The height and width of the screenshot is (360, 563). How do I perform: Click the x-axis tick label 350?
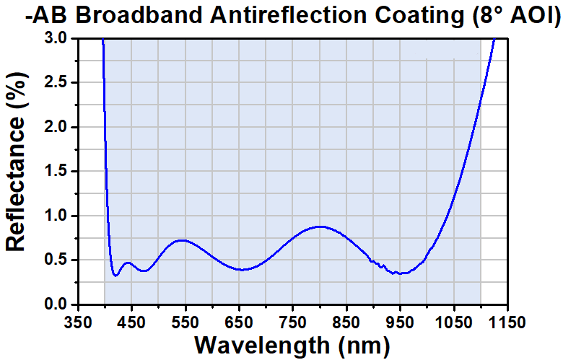[78, 321]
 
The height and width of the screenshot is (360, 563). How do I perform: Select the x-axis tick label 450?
[131, 321]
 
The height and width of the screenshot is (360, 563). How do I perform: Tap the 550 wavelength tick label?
[186, 321]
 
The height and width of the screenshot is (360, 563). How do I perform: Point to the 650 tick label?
[239, 321]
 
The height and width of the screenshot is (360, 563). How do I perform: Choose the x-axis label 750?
[293, 321]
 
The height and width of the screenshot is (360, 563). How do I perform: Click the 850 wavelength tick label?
[346, 321]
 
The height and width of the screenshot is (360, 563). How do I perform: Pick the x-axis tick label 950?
[401, 321]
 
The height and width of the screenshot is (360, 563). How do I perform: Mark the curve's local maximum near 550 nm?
[183, 240]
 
